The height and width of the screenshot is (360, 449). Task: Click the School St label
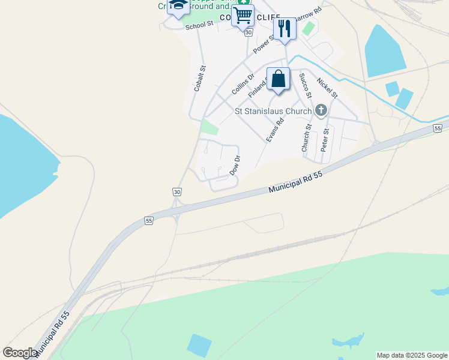pos(199,25)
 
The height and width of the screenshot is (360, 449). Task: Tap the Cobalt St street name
pos(200,79)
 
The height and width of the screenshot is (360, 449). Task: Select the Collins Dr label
pos(243,84)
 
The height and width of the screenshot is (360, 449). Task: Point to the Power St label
pos(264,43)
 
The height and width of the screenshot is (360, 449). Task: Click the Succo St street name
pos(306,85)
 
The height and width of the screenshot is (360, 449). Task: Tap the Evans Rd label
pos(275,130)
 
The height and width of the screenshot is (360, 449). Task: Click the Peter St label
pos(325,139)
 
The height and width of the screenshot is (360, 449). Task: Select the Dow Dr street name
pos(235,166)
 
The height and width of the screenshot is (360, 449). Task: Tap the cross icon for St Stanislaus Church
pos(321,110)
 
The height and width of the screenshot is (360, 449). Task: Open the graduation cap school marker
pos(178,6)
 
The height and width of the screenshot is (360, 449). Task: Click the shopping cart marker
pos(243,15)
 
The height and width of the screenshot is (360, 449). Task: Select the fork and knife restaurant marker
pos(284,28)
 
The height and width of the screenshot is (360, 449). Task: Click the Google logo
pos(20,353)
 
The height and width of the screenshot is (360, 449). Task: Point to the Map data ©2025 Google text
pos(412,355)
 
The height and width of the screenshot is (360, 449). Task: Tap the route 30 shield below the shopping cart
pos(248,32)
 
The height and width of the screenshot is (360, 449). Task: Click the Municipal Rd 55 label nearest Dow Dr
pos(296,181)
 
